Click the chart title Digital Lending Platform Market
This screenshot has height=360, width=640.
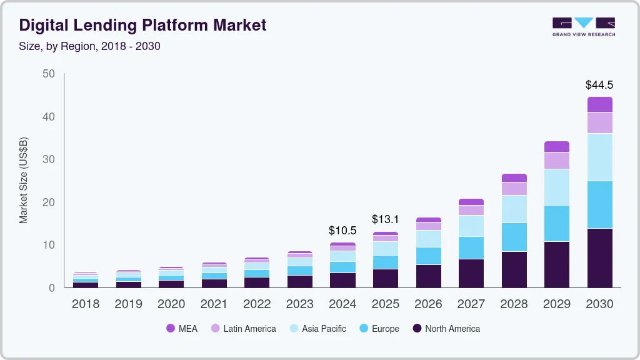[x=142, y=25]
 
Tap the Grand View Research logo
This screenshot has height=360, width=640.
[x=583, y=27]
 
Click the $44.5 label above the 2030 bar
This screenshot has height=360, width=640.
[x=599, y=84]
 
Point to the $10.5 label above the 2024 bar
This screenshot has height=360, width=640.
[x=342, y=231]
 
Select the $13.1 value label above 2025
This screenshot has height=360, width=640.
[x=385, y=219]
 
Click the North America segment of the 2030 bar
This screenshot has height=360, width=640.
[x=599, y=258]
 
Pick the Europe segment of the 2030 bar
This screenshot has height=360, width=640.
[x=599, y=205]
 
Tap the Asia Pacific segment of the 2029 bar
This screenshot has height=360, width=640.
[x=557, y=187]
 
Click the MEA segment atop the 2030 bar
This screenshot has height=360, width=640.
[x=599, y=104]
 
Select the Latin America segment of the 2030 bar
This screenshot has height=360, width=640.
[x=599, y=123]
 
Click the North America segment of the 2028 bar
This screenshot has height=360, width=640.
[x=514, y=269]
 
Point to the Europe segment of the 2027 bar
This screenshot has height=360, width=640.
[x=471, y=247]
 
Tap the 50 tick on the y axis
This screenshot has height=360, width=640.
[x=48, y=74]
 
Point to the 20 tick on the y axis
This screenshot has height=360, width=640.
[x=48, y=202]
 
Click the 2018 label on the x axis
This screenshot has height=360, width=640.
[x=86, y=304]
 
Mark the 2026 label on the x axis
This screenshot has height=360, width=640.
[x=428, y=304]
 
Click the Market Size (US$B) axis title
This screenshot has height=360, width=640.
[x=24, y=180]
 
